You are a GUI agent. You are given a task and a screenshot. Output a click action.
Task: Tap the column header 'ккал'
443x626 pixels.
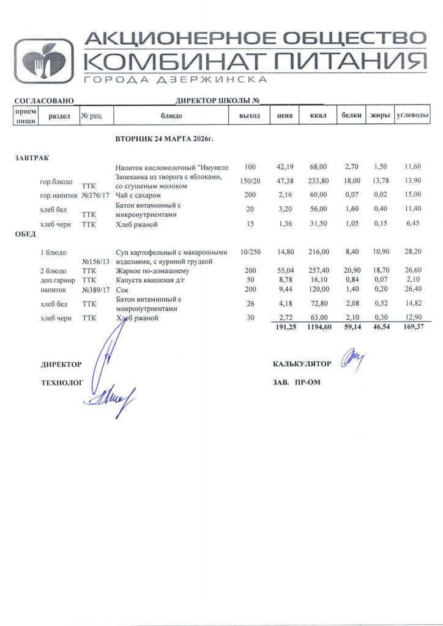pyautogui.click(x=318, y=116)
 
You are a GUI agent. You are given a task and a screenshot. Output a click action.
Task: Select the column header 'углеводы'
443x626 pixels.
pyautogui.click(x=412, y=116)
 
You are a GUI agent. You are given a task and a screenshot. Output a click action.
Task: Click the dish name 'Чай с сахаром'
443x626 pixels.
pyautogui.click(x=139, y=195)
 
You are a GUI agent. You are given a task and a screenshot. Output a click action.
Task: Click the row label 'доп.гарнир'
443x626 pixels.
pyautogui.click(x=57, y=279)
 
